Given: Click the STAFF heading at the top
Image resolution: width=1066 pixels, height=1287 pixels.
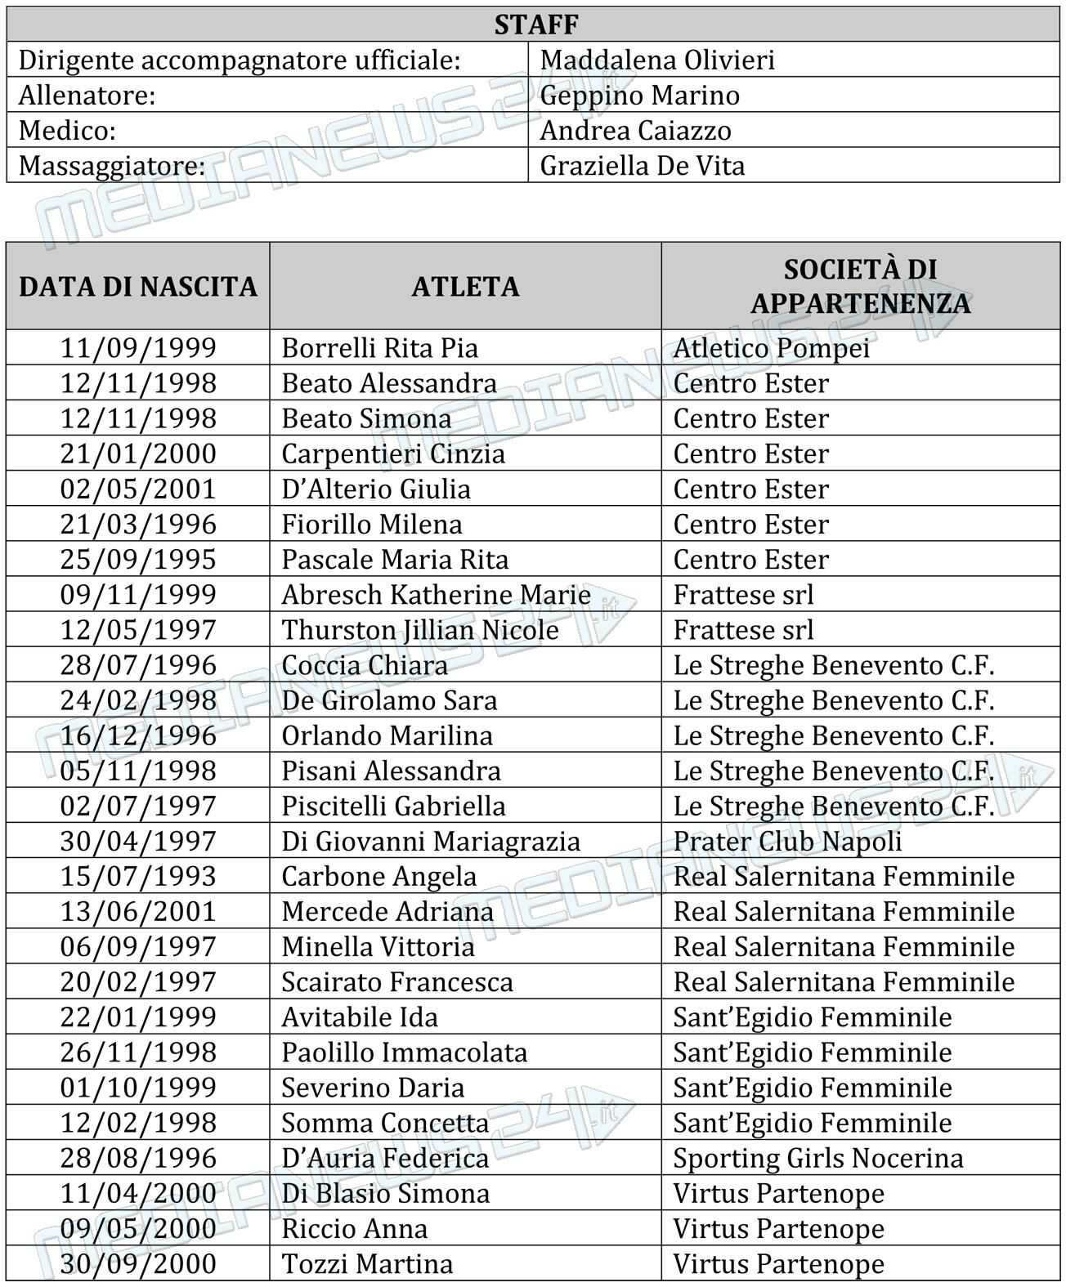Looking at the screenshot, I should point(535,25).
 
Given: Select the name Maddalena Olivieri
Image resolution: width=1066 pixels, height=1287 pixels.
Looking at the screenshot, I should point(657,60).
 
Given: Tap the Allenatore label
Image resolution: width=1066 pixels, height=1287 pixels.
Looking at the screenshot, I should point(87,96).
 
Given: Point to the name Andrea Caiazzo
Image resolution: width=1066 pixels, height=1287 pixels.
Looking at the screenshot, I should point(635,131).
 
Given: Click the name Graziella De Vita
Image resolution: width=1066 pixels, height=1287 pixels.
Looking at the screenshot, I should point(642,166).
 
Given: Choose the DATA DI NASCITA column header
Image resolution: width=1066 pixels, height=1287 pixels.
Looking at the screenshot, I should point(138,287).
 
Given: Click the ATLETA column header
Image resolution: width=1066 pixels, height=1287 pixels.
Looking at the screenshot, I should point(465,287).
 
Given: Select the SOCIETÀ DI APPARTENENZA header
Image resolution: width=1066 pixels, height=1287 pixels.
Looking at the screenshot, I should point(860,286).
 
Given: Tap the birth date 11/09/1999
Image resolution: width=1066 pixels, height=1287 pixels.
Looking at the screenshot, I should point(138,348).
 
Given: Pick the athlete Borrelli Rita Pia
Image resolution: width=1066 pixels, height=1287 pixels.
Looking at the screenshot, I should point(379,348).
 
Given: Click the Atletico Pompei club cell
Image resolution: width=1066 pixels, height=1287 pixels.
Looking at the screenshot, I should point(771,348).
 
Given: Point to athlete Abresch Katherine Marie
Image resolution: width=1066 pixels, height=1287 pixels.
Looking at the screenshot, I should point(436,595).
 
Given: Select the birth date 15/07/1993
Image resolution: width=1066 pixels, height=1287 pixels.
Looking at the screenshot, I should point(138,876).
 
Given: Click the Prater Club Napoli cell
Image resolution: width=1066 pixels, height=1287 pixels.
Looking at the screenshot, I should point(787,841).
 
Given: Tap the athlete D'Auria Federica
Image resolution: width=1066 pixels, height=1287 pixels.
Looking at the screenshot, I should point(385,1158).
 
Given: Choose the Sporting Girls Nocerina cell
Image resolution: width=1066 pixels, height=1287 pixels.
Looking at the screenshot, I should point(817,1158).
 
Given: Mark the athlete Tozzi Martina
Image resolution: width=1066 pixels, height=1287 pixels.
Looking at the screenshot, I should point(367,1263).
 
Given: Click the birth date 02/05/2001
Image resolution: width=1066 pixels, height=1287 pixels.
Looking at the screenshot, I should point(138,489).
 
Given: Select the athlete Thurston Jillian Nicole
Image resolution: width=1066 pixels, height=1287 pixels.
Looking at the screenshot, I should point(420,630).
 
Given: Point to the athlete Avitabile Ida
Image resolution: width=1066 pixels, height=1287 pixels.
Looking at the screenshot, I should point(360,1017).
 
